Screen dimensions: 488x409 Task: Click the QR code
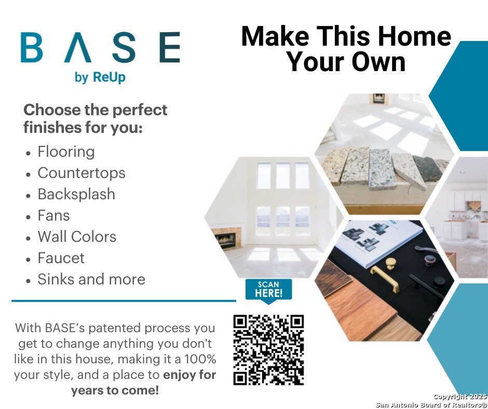point(268,350)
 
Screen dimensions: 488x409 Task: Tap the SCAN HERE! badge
point(268,290)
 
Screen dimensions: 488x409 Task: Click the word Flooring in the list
point(66,152)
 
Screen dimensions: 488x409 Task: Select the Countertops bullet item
point(81,173)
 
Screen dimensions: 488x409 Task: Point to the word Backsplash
point(76,194)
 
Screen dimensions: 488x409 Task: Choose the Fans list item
point(53,215)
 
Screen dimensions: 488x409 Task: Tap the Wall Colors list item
point(77,237)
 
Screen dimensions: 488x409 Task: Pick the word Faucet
point(61,258)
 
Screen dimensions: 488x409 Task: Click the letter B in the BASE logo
point(32,47)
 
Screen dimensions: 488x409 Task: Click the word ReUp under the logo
point(109,77)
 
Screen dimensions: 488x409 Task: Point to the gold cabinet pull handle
point(385,279)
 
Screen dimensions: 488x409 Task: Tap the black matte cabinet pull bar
point(427,286)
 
